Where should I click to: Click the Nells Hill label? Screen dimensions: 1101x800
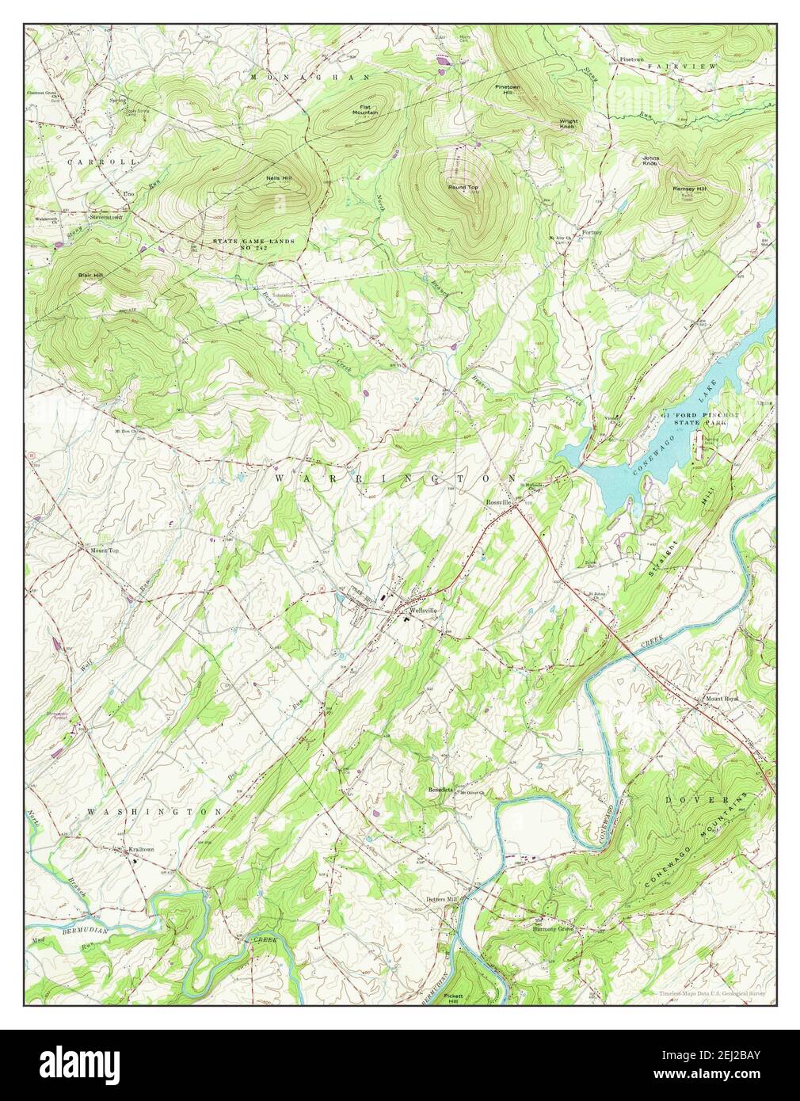(279, 178)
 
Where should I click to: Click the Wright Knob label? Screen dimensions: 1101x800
(569, 124)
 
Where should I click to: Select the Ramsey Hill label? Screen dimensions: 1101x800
(689, 189)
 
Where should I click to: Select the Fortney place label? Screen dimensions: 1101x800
(592, 233)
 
